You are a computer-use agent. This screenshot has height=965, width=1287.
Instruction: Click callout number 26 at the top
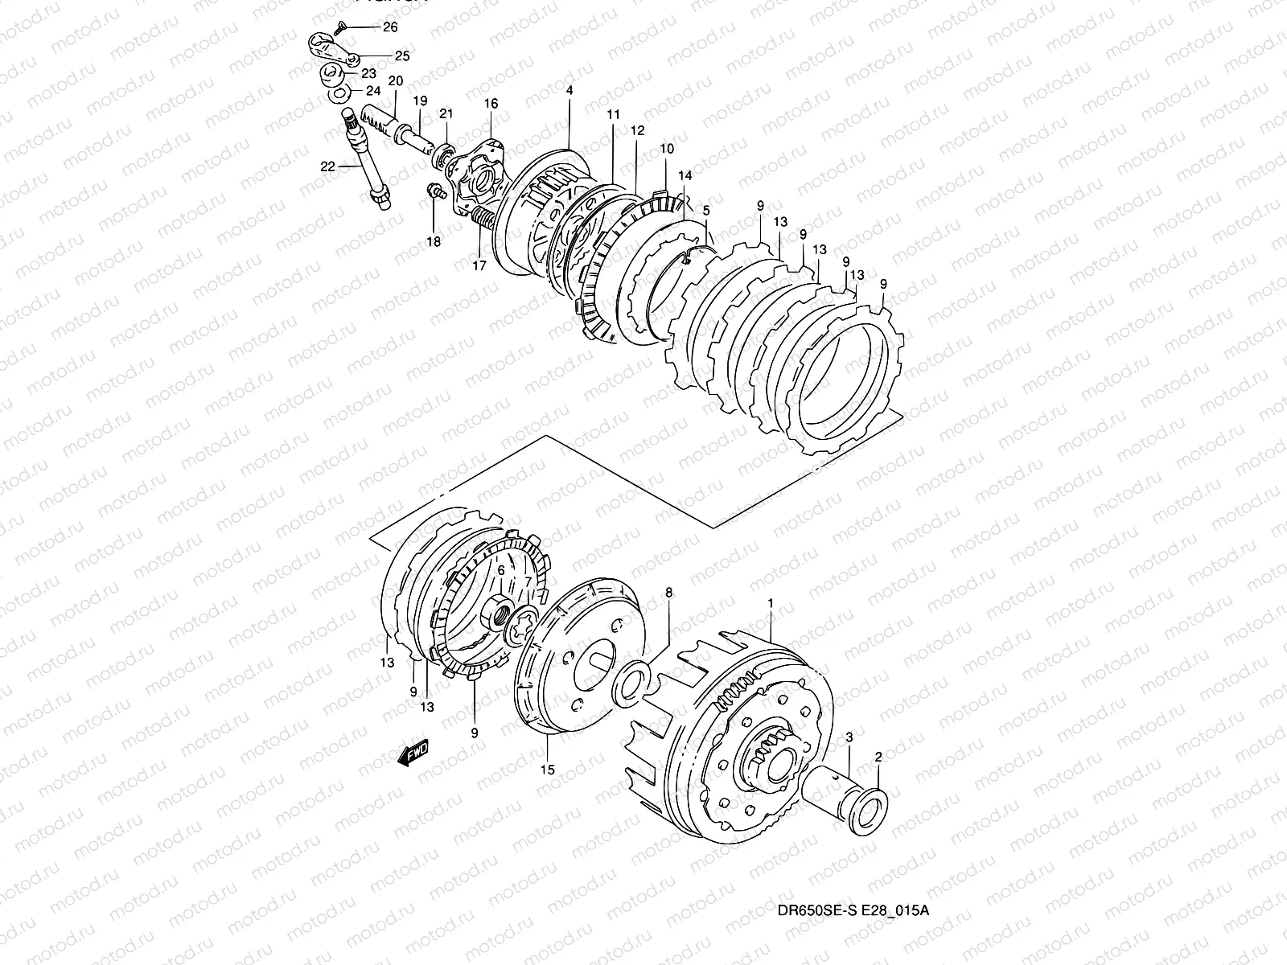(389, 27)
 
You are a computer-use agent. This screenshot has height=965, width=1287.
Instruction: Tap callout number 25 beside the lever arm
(401, 55)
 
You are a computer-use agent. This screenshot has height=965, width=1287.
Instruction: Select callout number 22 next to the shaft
(327, 166)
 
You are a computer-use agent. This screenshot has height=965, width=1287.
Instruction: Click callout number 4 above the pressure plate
(569, 91)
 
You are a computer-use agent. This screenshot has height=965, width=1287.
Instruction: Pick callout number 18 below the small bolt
(433, 242)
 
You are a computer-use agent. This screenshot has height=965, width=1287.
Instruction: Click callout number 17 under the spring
(479, 266)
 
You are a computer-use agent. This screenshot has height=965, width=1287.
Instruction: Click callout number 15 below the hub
(548, 770)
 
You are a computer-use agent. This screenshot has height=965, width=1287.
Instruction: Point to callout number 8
(668, 593)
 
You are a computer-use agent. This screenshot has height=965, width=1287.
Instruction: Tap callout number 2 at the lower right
(878, 757)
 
